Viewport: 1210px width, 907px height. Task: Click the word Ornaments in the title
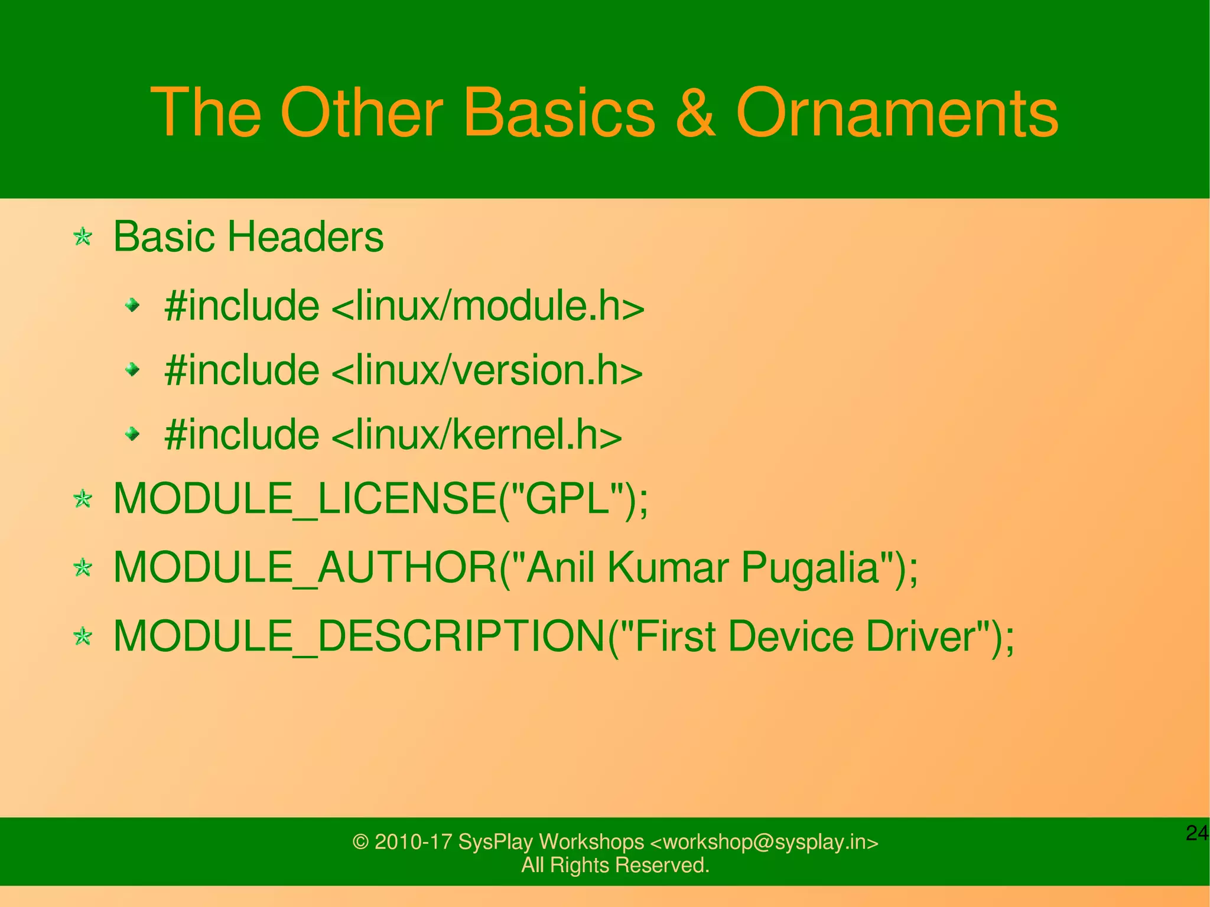click(896, 112)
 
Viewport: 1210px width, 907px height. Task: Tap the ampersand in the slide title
click(695, 112)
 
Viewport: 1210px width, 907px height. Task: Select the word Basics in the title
click(559, 112)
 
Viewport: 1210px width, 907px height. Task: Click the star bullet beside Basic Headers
click(83, 238)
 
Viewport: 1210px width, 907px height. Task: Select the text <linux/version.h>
click(487, 370)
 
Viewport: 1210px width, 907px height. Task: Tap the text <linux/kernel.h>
click(477, 435)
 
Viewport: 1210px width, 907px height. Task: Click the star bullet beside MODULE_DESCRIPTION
click(83, 637)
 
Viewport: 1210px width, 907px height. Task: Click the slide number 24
click(1197, 833)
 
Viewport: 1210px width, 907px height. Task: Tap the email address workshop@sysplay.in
click(765, 841)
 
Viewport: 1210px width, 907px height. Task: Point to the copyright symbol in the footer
click(360, 842)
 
